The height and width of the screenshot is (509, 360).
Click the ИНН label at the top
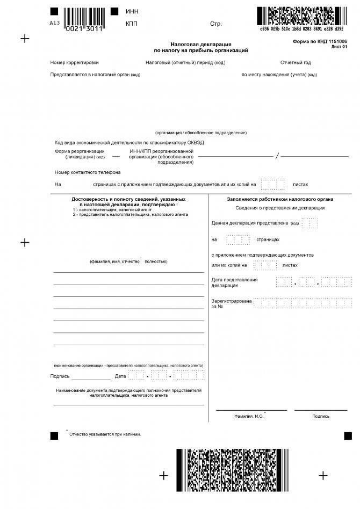pyautogui.click(x=131, y=11)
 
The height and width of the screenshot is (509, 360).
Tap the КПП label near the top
pyautogui.click(x=132, y=24)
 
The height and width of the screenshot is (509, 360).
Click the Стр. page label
pyautogui.click(x=215, y=24)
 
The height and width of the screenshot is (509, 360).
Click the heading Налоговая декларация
pyautogui.click(x=201, y=45)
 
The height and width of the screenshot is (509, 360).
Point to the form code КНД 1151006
pyautogui.click(x=320, y=41)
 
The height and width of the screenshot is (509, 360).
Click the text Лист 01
pyautogui.click(x=339, y=47)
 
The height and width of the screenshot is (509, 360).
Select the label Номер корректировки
pyautogui.click(x=75, y=63)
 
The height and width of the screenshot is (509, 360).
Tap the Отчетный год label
pyautogui.click(x=295, y=63)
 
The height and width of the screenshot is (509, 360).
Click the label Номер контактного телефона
pyautogui.click(x=88, y=172)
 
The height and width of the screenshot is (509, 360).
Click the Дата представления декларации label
pyautogui.click(x=234, y=282)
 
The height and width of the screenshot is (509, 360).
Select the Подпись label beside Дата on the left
pyautogui.click(x=60, y=376)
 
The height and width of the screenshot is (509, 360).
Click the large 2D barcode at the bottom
pyautogui.click(x=229, y=470)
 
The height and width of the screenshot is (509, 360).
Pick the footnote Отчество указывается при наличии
pyautogui.click(x=105, y=434)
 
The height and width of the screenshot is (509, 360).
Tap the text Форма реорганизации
pyautogui.click(x=80, y=151)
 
